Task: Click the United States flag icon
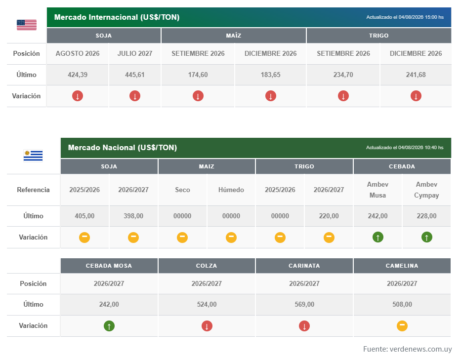27,25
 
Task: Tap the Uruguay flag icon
33,156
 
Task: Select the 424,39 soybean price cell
78,75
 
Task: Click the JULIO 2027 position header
135,53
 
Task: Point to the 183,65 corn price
270,75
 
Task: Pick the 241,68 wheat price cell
416,75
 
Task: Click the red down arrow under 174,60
198,96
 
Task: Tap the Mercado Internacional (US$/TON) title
117,17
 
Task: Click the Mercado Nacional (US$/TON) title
123,148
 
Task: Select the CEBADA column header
402,166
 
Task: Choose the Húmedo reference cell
231,190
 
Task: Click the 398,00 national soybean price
133,216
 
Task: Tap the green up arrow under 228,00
426,237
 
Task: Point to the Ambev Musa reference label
377,190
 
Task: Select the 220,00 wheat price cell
329,216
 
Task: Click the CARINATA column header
304,266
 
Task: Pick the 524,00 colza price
207,304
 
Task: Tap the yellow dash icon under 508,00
402,325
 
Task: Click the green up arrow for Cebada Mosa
109,325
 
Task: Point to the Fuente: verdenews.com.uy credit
407,349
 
